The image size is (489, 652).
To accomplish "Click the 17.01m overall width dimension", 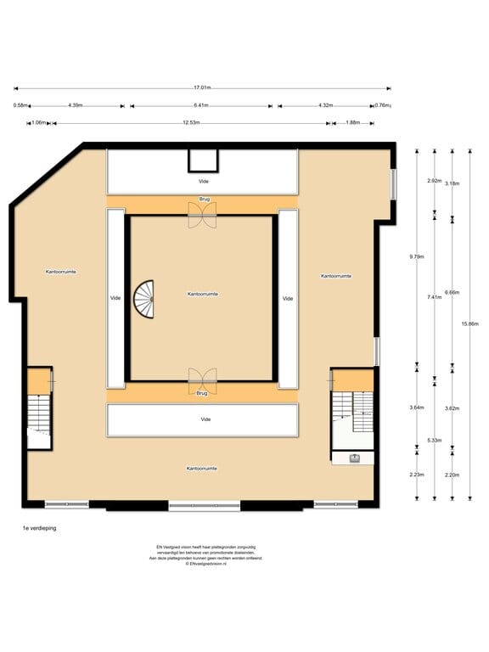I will tap(202, 87).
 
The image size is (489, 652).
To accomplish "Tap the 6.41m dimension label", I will tap(201, 106).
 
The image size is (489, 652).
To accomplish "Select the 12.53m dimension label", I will tap(190, 123).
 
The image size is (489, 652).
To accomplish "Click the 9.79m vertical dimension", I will tap(416, 256).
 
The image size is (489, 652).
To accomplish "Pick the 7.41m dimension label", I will tap(435, 297).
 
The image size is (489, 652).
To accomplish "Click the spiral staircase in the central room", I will tap(145, 299).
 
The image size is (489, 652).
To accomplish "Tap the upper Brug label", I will tap(204, 200).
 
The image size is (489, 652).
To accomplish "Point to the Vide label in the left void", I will tap(115, 298).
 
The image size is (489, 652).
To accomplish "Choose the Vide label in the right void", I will tap(288, 298).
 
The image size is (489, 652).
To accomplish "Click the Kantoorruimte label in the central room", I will tap(204, 294).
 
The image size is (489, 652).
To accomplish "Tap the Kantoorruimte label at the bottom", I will tap(202, 468).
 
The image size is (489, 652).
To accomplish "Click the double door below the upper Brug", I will tap(203, 218).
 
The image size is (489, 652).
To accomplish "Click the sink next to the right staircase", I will tap(355, 458).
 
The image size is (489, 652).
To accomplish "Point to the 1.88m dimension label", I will tap(352, 123).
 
